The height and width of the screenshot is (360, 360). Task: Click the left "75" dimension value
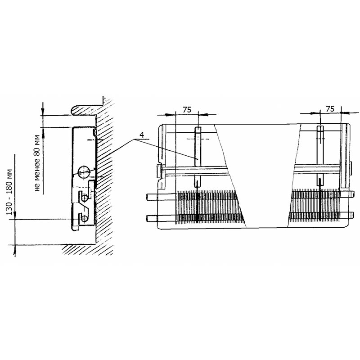(x=187, y=110)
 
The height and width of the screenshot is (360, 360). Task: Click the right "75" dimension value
(x=330, y=109)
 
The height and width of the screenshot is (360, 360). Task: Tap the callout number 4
(x=142, y=135)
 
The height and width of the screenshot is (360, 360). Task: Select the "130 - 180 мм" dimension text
(x=9, y=192)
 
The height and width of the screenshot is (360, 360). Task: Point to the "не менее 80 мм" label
(x=36, y=163)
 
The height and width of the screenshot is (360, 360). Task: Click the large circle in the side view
(x=84, y=171)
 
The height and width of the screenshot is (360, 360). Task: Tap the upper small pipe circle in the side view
(x=85, y=198)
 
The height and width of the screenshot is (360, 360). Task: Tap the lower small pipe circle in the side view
(x=84, y=218)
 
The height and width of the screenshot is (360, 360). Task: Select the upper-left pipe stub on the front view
(x=152, y=197)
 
